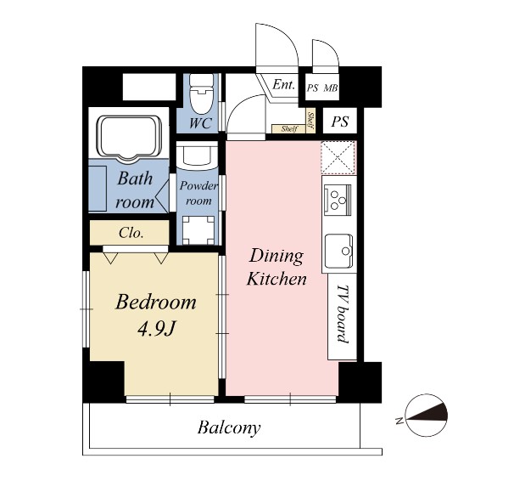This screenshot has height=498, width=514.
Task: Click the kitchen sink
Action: coord(339,251)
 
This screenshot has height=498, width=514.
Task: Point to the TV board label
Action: coord(343,314)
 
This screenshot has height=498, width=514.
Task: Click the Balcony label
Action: coord(229,428)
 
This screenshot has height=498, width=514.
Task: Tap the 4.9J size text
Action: coord(156,329)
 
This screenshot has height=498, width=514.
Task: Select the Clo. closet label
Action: coord(131,233)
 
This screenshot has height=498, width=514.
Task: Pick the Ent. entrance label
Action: coord(283,85)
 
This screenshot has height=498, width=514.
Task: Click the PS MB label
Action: coord(322,88)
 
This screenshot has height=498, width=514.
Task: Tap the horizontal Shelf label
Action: coord(289,129)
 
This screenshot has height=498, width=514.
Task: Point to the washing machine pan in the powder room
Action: coord(198,230)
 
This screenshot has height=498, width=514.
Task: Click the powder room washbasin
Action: coord(197,156)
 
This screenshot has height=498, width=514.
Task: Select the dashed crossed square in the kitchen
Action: coord(338,157)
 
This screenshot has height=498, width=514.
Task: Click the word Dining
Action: coord(277,257)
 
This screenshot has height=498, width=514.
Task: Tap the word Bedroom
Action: coord(156,303)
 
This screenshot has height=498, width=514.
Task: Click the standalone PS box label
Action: coord(340,122)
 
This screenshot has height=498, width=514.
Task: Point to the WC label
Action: coord(200,123)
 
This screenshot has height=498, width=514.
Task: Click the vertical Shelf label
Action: coord(310,120)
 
